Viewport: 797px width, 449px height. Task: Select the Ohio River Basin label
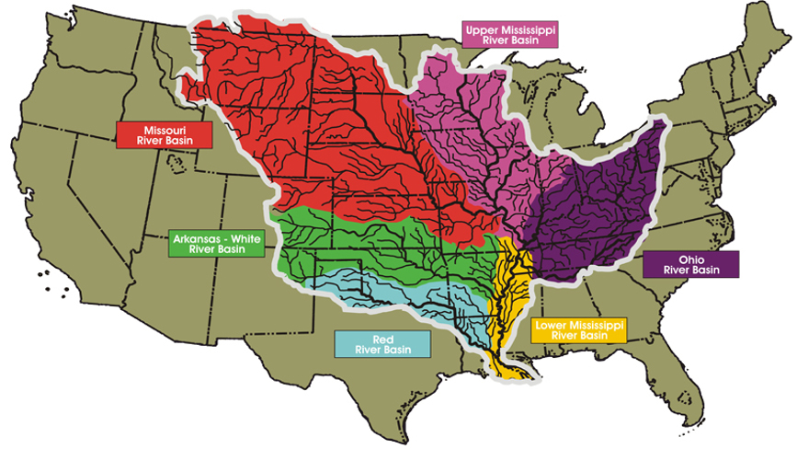click(690, 264)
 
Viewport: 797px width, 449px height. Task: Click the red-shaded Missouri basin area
click(303, 120)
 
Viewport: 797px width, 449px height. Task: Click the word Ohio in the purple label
click(690, 259)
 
